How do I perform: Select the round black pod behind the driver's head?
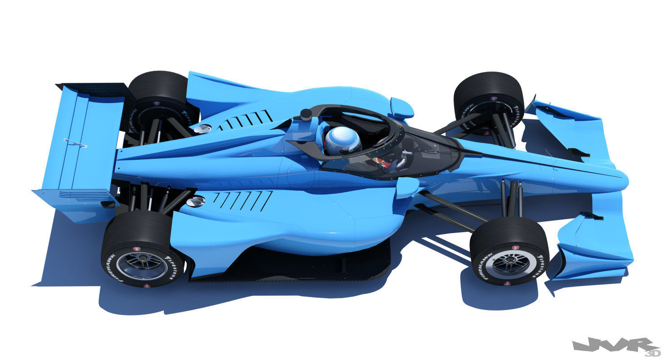306,114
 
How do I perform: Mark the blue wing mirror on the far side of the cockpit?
401,108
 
